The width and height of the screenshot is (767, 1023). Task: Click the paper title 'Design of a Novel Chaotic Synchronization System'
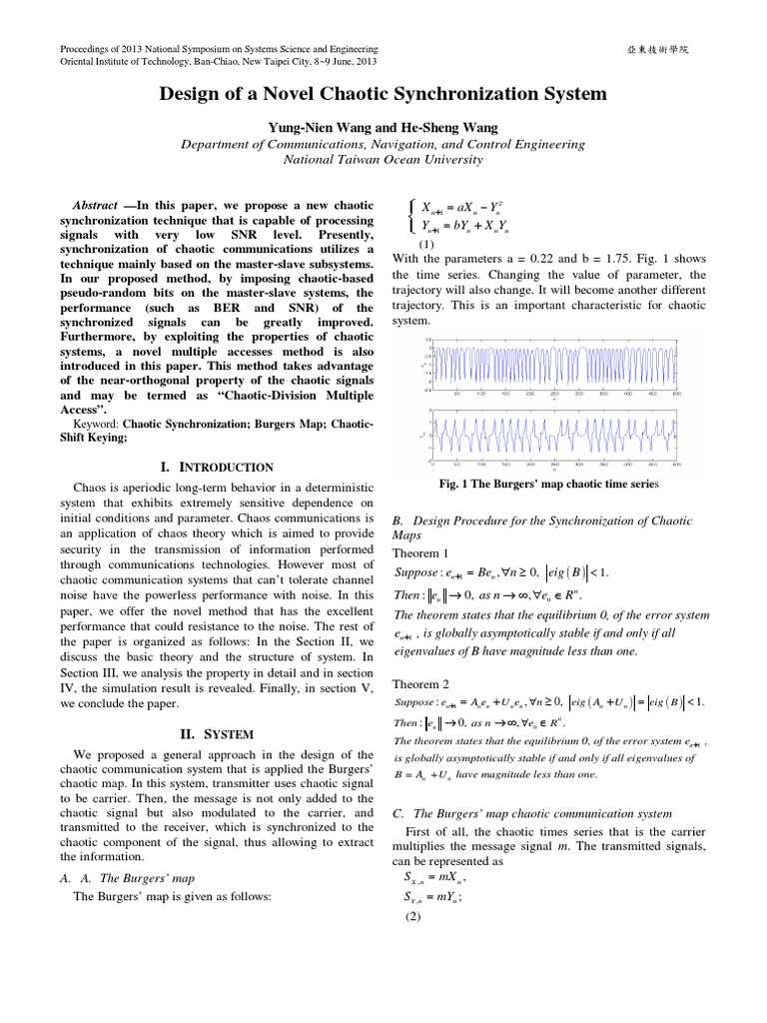click(x=383, y=95)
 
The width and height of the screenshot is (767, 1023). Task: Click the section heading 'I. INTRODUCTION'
click(x=216, y=467)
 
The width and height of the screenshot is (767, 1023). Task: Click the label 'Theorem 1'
click(x=421, y=552)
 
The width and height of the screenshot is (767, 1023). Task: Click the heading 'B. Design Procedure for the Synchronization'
click(x=548, y=520)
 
